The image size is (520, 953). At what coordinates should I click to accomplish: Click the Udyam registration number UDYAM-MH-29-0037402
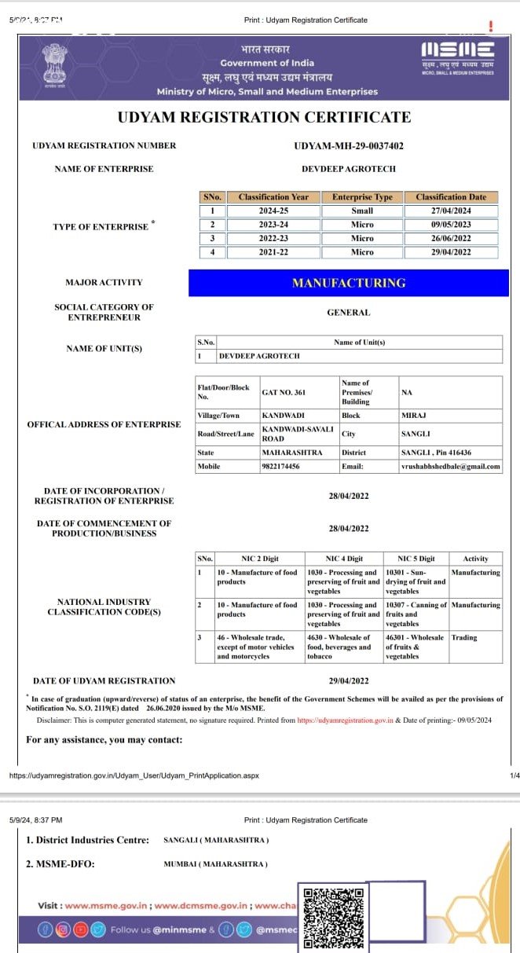pyautogui.click(x=349, y=146)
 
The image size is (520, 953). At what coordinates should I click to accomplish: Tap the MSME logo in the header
pyautogui.click(x=458, y=55)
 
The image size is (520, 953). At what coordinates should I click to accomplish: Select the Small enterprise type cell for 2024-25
pyautogui.click(x=362, y=211)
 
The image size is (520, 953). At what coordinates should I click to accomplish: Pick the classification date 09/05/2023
pyautogui.click(x=451, y=225)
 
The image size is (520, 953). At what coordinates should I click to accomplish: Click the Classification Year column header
pyautogui.click(x=273, y=197)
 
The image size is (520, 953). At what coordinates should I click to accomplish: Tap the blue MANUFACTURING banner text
pyautogui.click(x=349, y=283)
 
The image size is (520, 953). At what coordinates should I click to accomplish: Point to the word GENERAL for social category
pyautogui.click(x=349, y=313)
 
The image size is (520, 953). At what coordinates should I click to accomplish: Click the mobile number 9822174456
pyautogui.click(x=280, y=466)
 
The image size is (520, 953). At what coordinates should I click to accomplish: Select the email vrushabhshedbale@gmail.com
pyautogui.click(x=450, y=466)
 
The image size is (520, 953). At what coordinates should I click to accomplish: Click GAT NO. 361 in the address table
pyautogui.click(x=279, y=392)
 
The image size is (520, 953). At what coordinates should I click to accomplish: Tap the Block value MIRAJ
pyautogui.click(x=413, y=415)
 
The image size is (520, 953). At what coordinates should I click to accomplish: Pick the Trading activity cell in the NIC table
pyautogui.click(x=464, y=637)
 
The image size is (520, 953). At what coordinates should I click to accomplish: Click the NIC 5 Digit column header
pyautogui.click(x=416, y=559)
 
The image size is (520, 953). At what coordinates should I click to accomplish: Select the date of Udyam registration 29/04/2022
pyautogui.click(x=349, y=680)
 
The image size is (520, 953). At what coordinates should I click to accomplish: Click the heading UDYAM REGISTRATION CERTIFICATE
pyautogui.click(x=264, y=118)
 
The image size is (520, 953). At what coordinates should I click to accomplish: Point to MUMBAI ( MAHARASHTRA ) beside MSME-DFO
pyautogui.click(x=215, y=864)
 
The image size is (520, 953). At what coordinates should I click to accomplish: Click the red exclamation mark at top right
pyautogui.click(x=491, y=26)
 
